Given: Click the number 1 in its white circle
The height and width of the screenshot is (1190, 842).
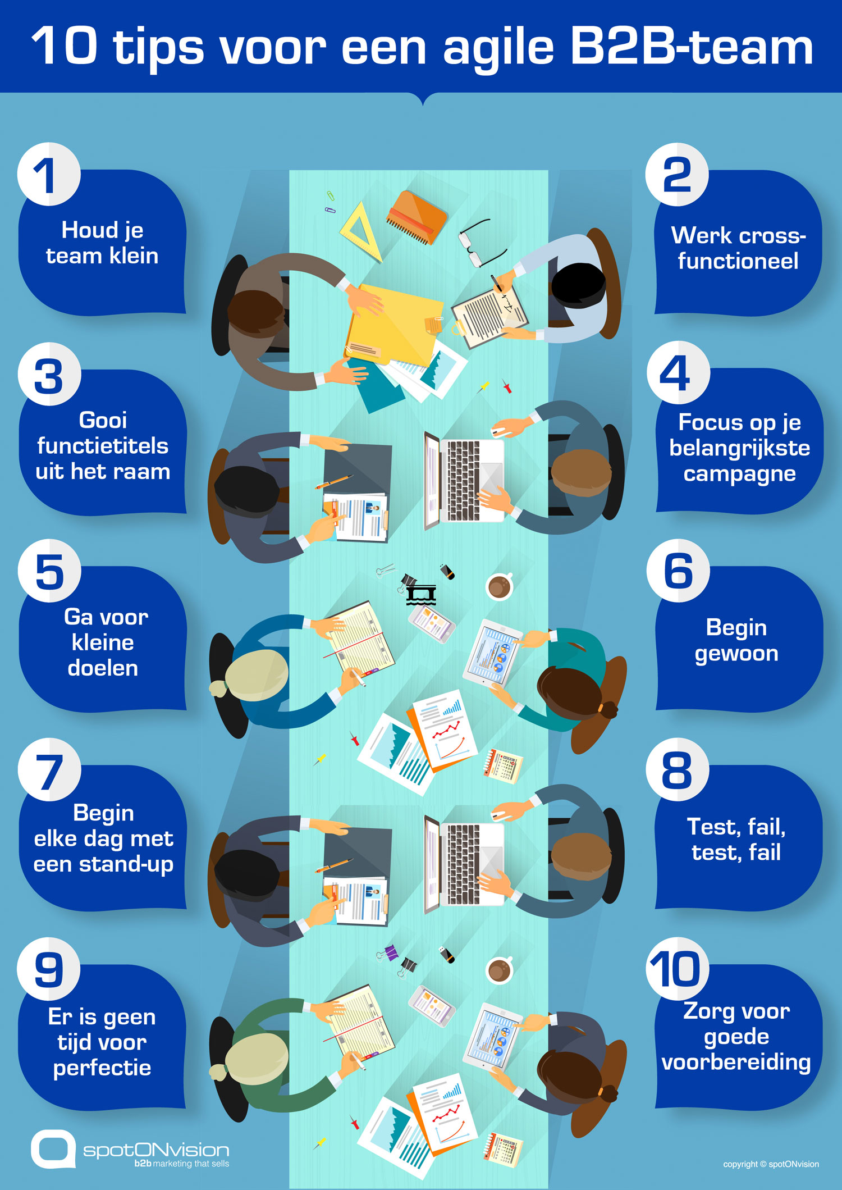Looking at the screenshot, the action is pyautogui.click(x=48, y=174).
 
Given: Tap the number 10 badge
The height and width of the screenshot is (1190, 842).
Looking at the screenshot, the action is pyautogui.click(x=677, y=969).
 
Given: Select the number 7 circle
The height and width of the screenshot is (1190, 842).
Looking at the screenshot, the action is pyautogui.click(x=49, y=770).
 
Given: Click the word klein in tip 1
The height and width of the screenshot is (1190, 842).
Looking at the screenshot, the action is pyautogui.click(x=134, y=256).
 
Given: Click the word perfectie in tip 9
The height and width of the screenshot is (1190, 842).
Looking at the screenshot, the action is pyautogui.click(x=102, y=1068).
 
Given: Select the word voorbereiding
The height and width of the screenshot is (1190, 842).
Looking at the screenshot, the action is pyautogui.click(x=736, y=1063).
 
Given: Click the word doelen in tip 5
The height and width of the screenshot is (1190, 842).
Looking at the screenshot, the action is pyautogui.click(x=103, y=668).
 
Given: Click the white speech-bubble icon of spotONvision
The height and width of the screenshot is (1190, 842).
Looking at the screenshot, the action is pyautogui.click(x=53, y=1149).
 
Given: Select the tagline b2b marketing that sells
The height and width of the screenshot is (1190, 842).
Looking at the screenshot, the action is pyautogui.click(x=181, y=1164).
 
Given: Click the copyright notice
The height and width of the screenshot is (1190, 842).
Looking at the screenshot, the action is pyautogui.click(x=771, y=1164).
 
